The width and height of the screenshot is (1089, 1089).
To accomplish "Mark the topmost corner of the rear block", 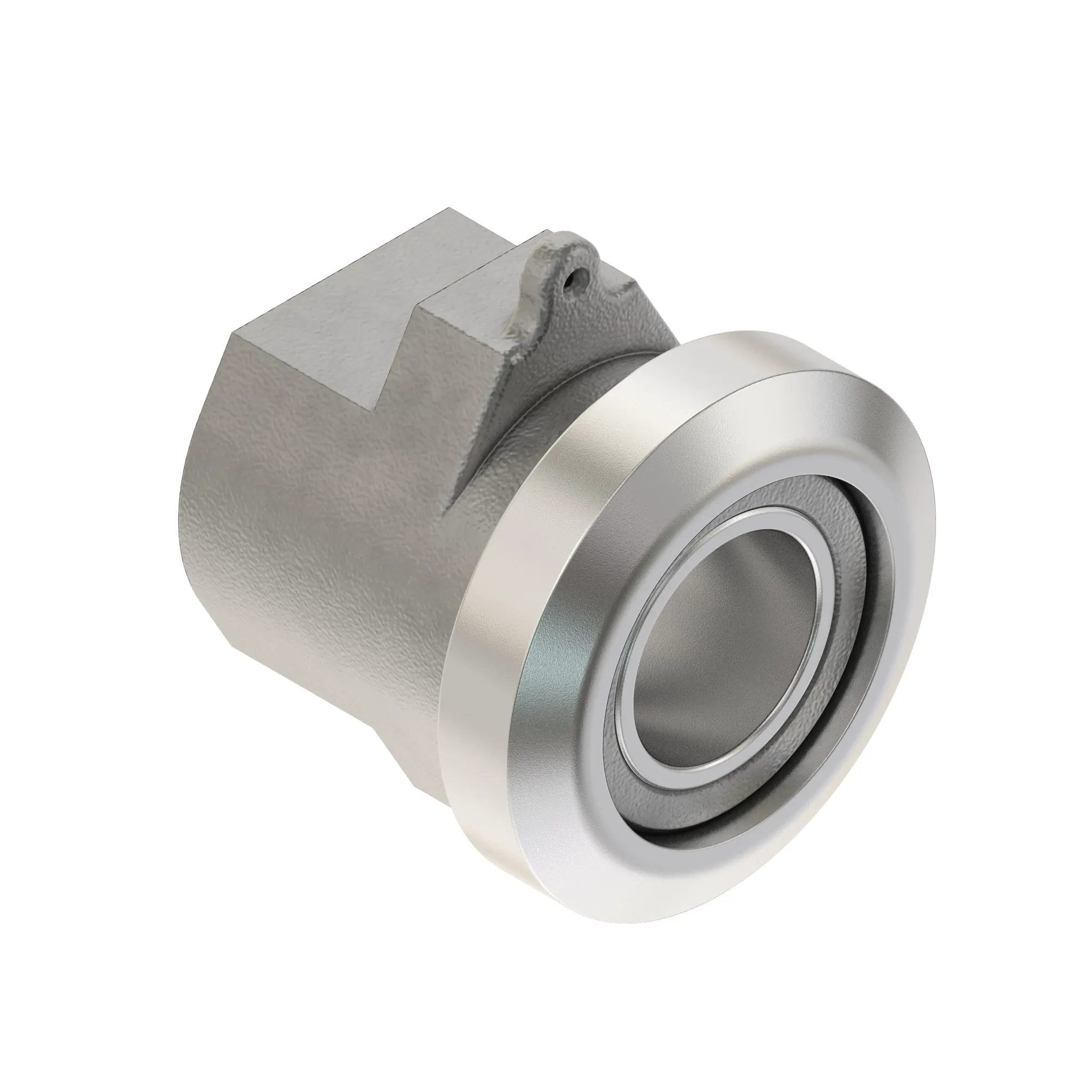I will [448, 209].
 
